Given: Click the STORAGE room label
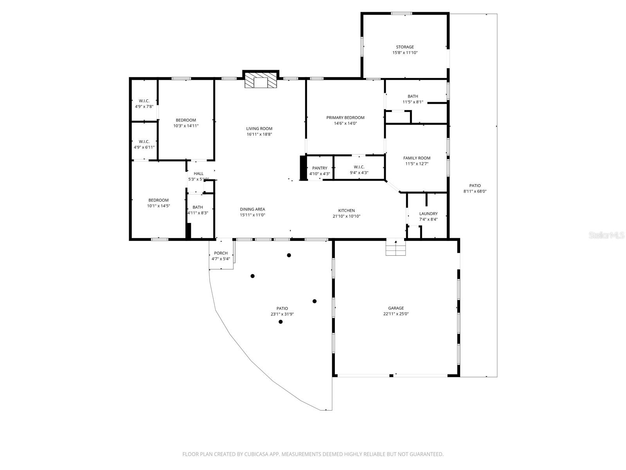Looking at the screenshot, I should coord(405,47).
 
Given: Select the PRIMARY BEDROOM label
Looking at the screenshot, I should coord(345,117).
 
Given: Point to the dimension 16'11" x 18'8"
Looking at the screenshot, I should coord(259,134).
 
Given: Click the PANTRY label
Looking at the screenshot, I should coord(319,168).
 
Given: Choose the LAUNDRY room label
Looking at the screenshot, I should coord(428,214).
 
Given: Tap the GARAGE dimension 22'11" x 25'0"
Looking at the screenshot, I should coord(396,314).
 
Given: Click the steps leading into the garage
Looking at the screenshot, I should coord(396,248).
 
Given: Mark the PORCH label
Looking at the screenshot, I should coord(221,253).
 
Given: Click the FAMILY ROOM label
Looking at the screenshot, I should coord(417,158).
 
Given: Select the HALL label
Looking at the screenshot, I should coord(198,174).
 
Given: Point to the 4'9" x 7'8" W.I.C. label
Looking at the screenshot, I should coord(144,101).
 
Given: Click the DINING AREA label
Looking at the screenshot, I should coord(252,209).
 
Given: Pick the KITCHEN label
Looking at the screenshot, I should coord(346,210).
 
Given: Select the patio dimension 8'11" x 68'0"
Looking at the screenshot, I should coord(475,192).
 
